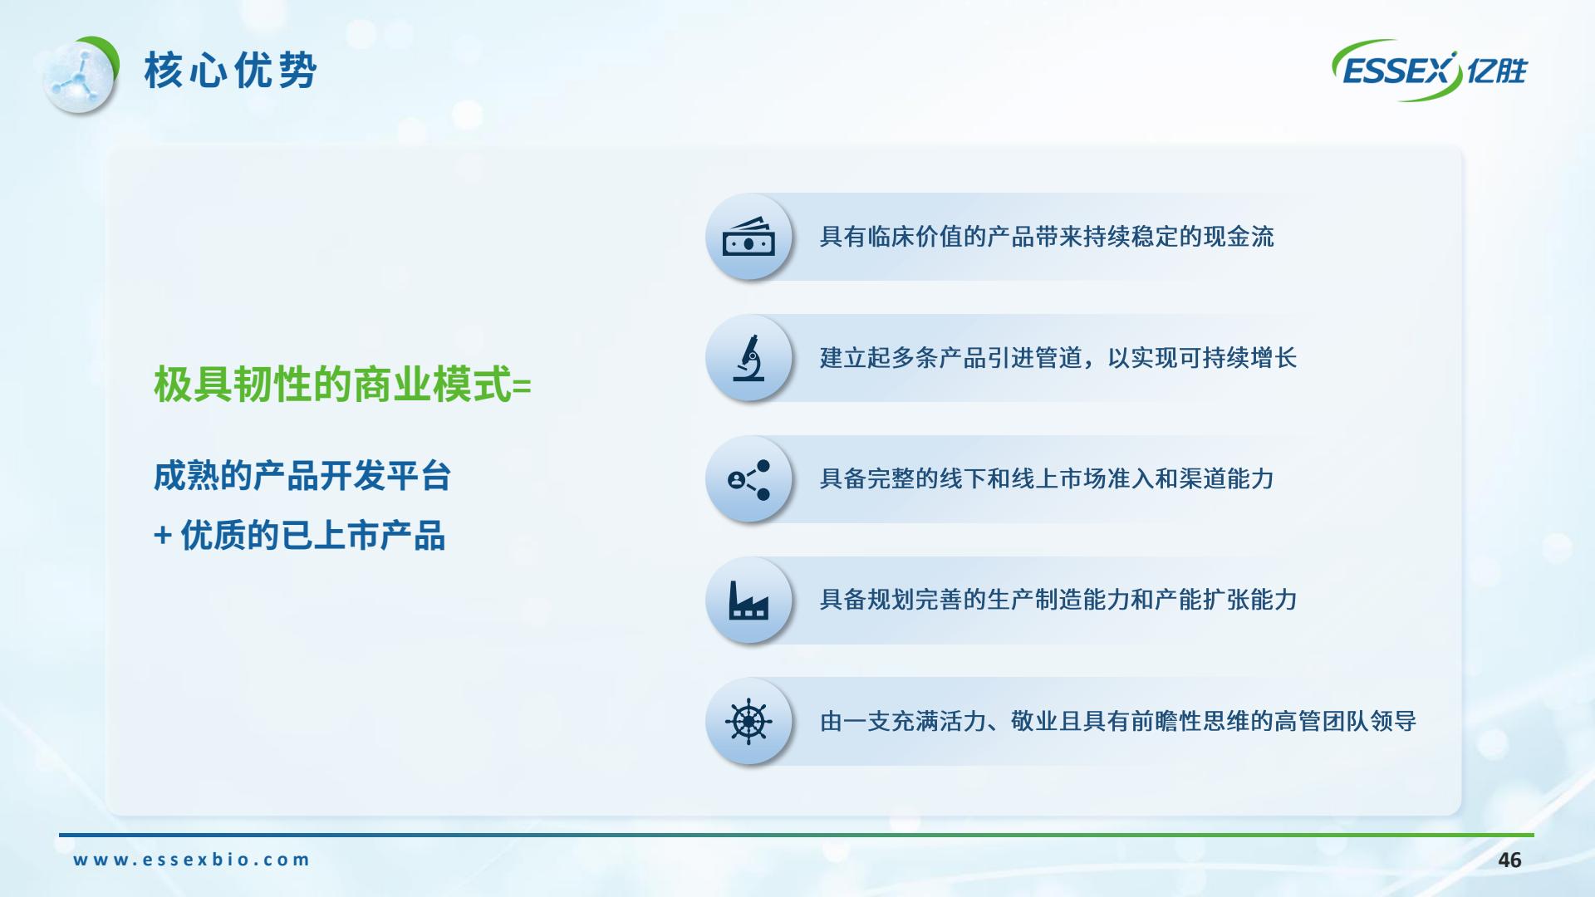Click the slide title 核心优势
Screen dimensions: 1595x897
pyautogui.click(x=230, y=70)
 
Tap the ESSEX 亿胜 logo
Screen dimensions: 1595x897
pyautogui.click(x=1430, y=71)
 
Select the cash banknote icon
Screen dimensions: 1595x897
pyautogui.click(x=748, y=237)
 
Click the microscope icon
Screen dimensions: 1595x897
pyautogui.click(x=748, y=358)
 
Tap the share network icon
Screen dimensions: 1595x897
pyautogui.click(x=748, y=479)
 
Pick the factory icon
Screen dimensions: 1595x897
pyautogui.click(x=748, y=600)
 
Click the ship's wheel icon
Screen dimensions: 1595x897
pyautogui.click(x=748, y=721)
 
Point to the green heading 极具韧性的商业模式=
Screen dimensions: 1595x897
pyautogui.click(x=342, y=385)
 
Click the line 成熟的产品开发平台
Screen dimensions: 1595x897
pyautogui.click(x=302, y=477)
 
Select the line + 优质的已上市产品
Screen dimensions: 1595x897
pyautogui.click(x=300, y=536)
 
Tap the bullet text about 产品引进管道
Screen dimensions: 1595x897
pyautogui.click(x=1058, y=358)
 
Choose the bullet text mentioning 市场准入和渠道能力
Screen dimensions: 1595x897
pyautogui.click(x=1047, y=479)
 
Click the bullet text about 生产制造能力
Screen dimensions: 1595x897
pyautogui.click(x=1058, y=600)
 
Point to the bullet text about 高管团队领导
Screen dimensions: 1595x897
pyautogui.click(x=1118, y=721)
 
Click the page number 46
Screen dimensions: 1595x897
pyautogui.click(x=1509, y=860)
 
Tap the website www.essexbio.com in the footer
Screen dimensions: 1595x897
pyautogui.click(x=192, y=860)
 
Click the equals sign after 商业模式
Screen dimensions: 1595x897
pyautogui.click(x=523, y=386)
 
